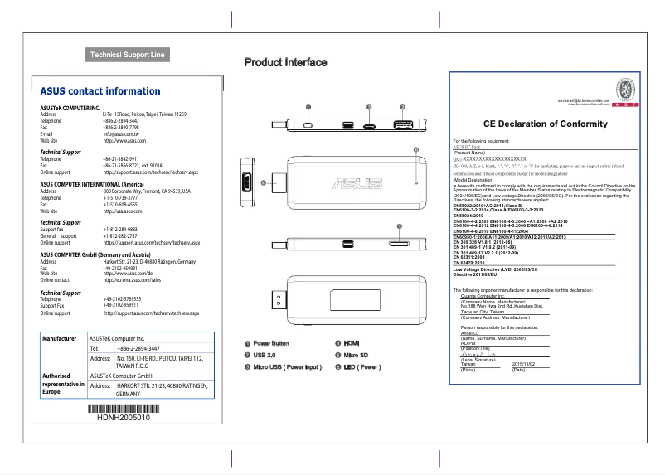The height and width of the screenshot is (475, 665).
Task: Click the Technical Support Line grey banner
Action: (x=128, y=56)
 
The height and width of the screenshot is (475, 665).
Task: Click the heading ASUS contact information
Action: (x=100, y=91)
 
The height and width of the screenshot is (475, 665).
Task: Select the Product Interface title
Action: (x=285, y=62)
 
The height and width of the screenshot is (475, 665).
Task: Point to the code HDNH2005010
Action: (x=124, y=419)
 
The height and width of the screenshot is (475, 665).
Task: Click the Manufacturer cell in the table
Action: (x=60, y=339)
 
